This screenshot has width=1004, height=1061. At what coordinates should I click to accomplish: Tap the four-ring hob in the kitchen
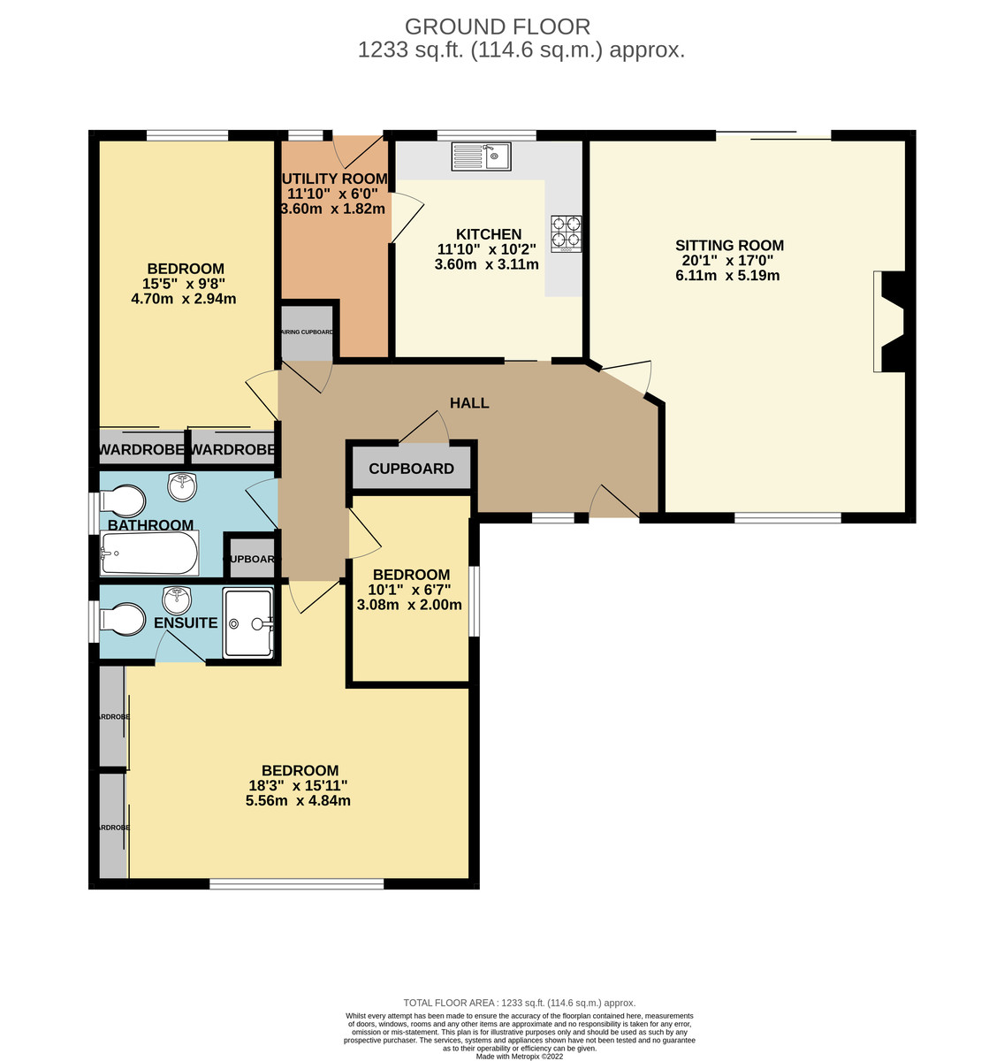[567, 232]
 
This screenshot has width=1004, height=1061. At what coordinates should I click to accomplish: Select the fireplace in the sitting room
[889, 321]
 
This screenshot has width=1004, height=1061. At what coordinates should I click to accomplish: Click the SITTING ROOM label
[729, 246]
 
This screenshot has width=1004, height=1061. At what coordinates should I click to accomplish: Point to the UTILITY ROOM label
[334, 179]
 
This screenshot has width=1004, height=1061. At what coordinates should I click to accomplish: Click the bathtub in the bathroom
[149, 553]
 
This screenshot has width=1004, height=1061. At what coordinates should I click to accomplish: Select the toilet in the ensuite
[123, 619]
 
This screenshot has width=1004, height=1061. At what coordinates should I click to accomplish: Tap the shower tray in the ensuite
[248, 623]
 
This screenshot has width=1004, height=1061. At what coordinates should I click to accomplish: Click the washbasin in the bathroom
[183, 485]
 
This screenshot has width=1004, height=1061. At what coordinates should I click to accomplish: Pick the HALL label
[469, 403]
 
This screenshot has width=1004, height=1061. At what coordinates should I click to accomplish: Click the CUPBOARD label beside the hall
[411, 469]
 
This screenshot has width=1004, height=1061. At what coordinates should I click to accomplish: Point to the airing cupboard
[307, 332]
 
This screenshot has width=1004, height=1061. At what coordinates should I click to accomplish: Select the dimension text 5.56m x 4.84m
[298, 801]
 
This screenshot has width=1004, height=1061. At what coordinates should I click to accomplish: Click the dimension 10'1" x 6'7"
[409, 590]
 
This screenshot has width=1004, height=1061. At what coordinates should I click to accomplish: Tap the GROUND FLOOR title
[497, 27]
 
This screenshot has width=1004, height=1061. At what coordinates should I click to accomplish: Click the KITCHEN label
[488, 234]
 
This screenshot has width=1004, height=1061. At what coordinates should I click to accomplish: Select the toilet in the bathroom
[123, 500]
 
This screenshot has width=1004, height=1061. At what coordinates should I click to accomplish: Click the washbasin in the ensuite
[178, 600]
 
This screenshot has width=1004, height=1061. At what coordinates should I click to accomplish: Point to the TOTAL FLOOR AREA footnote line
[519, 1003]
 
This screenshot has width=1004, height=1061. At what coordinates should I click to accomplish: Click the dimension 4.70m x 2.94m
[183, 299]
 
